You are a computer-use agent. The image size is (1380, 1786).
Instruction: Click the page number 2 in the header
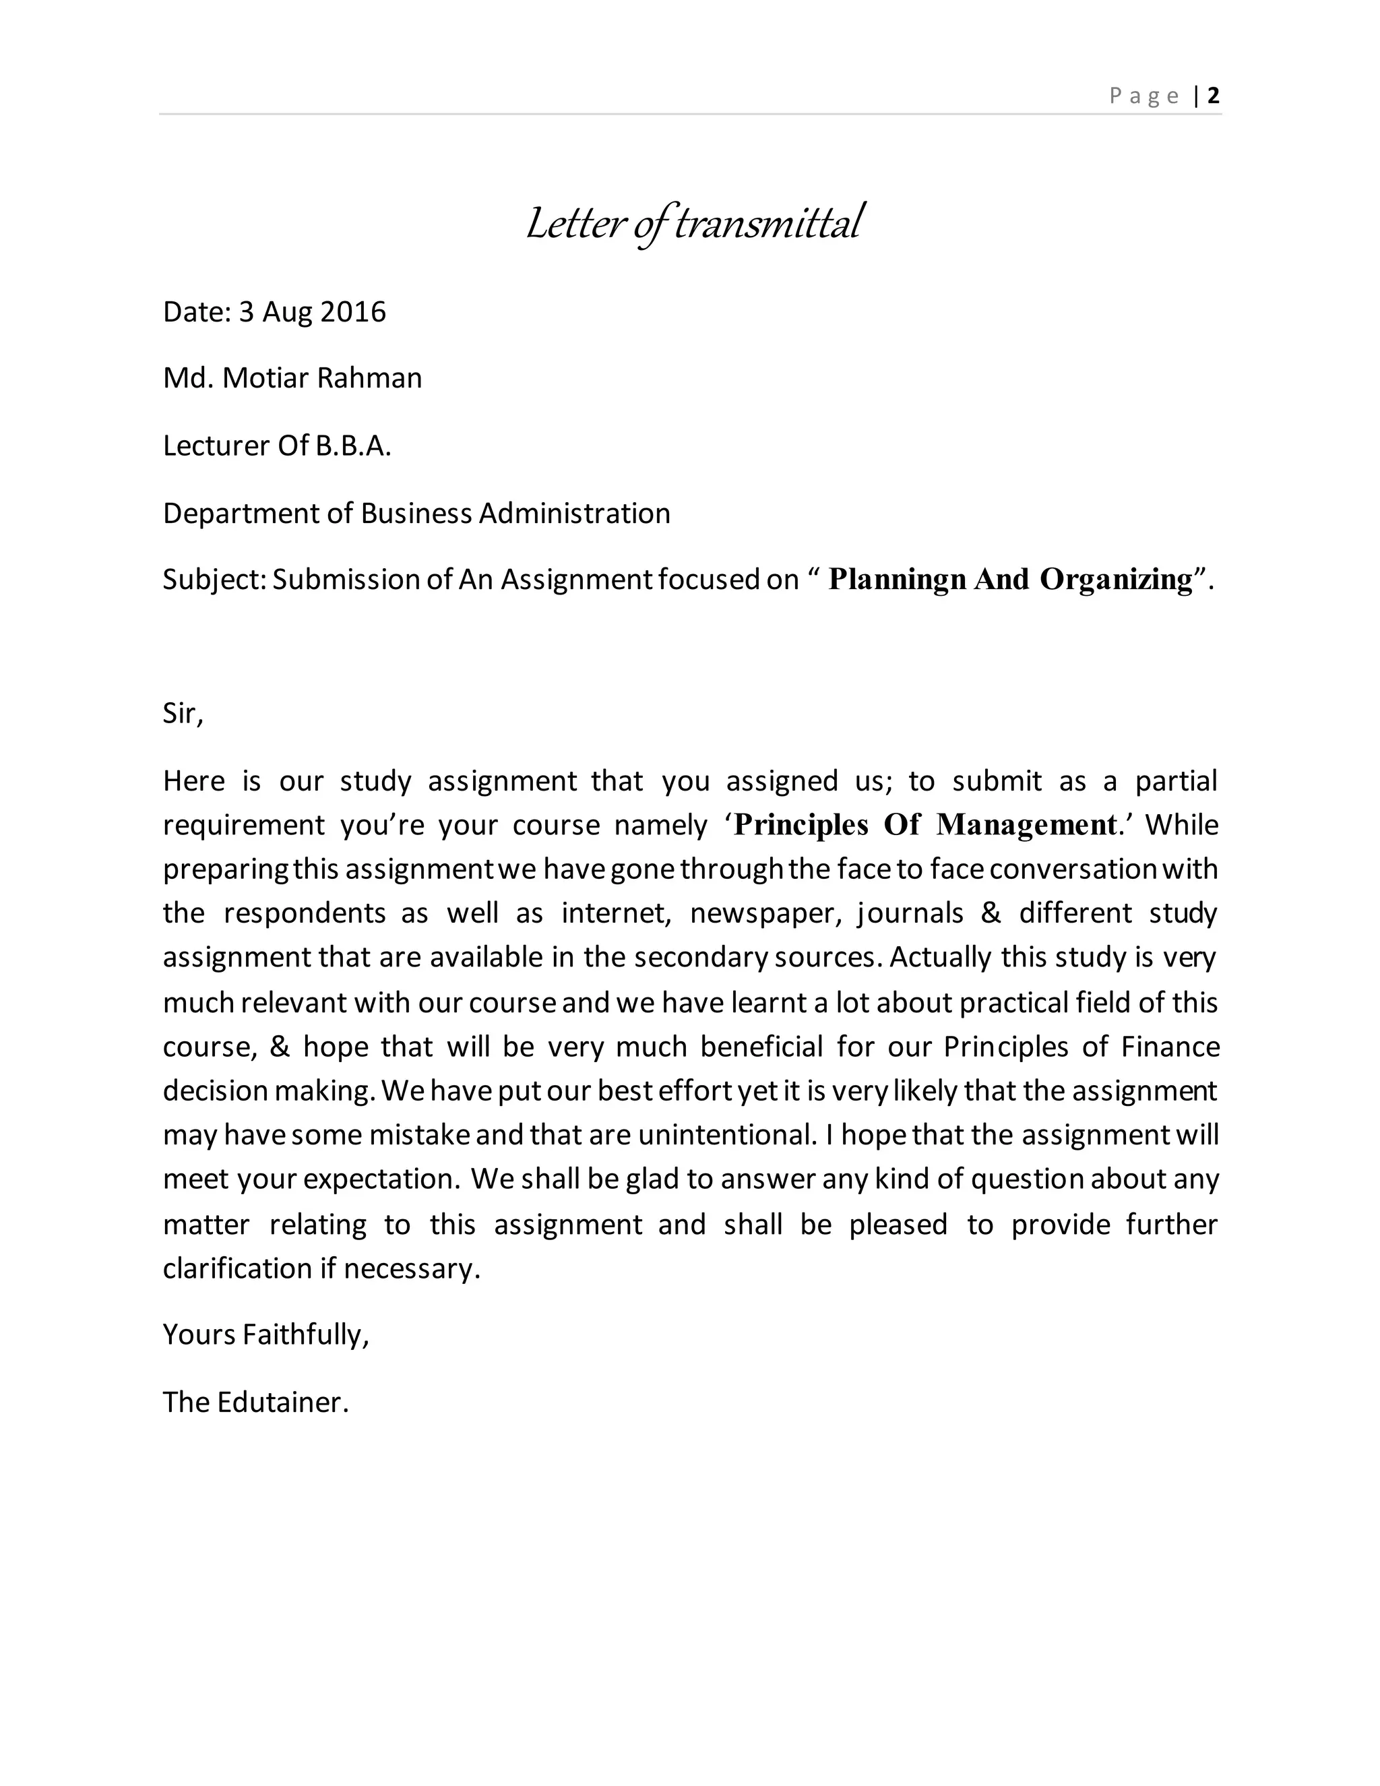1213,96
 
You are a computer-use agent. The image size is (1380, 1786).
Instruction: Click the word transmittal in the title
767,223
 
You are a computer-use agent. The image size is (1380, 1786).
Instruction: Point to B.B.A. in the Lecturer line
353,445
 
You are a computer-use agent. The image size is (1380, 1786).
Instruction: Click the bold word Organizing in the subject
1116,579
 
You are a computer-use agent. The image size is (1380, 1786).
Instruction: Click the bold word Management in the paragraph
1026,824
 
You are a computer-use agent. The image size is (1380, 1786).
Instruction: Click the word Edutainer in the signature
283,1402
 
